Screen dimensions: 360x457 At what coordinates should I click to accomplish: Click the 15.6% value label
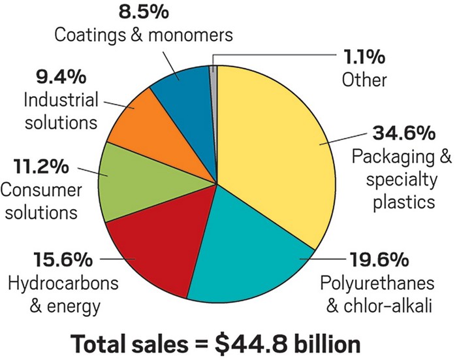click(65, 261)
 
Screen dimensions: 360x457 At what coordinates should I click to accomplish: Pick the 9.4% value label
click(60, 78)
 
